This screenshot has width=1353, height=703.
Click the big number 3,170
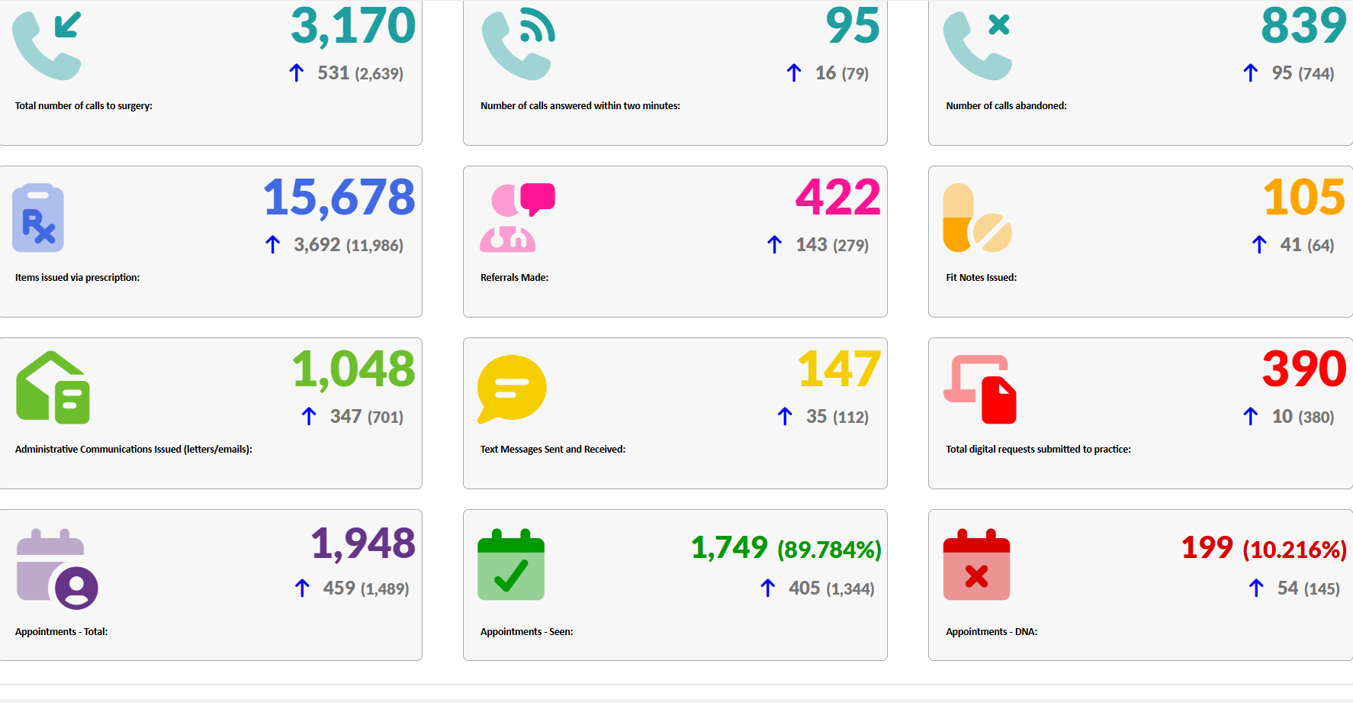click(352, 26)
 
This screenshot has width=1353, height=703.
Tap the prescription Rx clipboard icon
click(38, 218)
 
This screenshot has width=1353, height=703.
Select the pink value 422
click(837, 198)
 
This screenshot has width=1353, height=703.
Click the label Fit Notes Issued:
click(981, 278)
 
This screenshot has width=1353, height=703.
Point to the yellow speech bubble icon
click(511, 388)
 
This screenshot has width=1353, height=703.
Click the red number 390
click(1303, 369)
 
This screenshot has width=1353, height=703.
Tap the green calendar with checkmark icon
click(511, 565)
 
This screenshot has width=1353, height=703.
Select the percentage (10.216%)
click(1294, 550)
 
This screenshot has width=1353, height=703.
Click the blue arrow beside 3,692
click(273, 245)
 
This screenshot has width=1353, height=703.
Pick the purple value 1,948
click(363, 543)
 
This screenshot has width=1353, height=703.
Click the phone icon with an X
click(978, 46)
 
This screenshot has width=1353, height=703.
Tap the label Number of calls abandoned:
click(1006, 106)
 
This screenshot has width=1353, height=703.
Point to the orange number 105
click(1303, 198)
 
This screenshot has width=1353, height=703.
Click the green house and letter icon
click(53, 388)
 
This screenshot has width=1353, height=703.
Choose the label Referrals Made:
click(514, 278)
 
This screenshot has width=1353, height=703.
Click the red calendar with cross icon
click(976, 565)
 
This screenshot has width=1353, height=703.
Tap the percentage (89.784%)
click(829, 550)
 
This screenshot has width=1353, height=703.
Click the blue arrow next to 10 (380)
click(1250, 417)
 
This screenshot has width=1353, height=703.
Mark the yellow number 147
click(839, 369)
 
